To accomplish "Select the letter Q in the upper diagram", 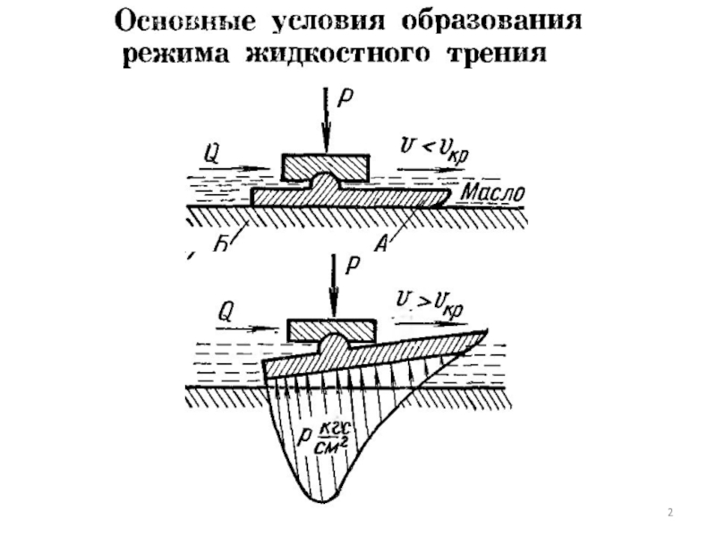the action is pyautogui.click(x=212, y=152).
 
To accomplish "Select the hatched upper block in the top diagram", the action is pyautogui.click(x=324, y=166).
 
